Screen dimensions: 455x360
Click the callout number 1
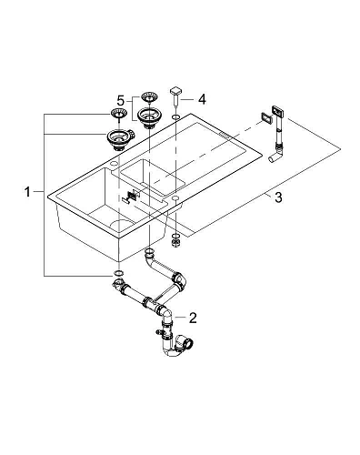point(31,192)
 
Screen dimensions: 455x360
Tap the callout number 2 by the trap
point(193,317)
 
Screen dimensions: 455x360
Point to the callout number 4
point(203,98)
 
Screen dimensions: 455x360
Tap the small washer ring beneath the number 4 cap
point(175,119)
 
